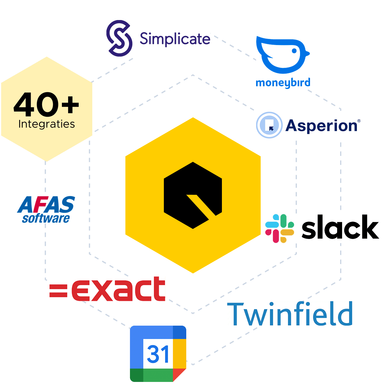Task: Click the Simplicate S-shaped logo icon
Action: click(119, 38)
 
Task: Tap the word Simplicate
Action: click(175, 39)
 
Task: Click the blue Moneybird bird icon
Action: click(283, 55)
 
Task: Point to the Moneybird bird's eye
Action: click(294, 51)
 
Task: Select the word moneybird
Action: click(283, 83)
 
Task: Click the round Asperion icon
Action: click(269, 125)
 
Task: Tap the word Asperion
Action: click(323, 126)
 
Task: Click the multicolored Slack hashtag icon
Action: click(280, 228)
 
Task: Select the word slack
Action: click(340, 227)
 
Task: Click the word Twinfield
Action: click(290, 314)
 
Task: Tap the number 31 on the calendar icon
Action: click(158, 354)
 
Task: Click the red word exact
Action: click(118, 289)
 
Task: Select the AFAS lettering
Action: click(46, 205)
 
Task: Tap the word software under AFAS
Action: click(46, 218)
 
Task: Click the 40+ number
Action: click(46, 104)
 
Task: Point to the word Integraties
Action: click(47, 124)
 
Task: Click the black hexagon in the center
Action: click(193, 195)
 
